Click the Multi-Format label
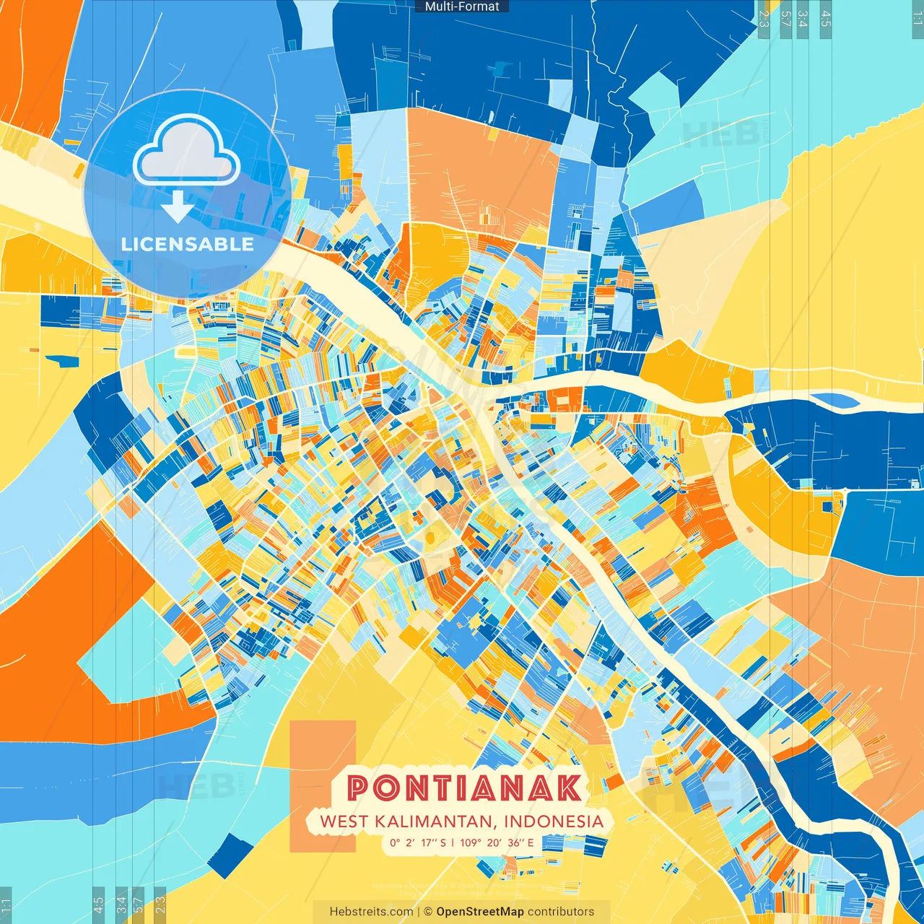(462, 6)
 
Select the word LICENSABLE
(187, 244)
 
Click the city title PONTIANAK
(464, 788)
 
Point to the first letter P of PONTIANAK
(358, 788)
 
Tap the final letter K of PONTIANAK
(569, 788)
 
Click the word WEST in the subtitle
(344, 821)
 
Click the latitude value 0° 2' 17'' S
(419, 842)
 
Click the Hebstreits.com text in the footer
(371, 912)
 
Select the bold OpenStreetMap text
(480, 912)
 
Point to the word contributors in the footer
(561, 912)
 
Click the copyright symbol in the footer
(427, 912)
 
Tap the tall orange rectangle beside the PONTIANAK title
(322, 785)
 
